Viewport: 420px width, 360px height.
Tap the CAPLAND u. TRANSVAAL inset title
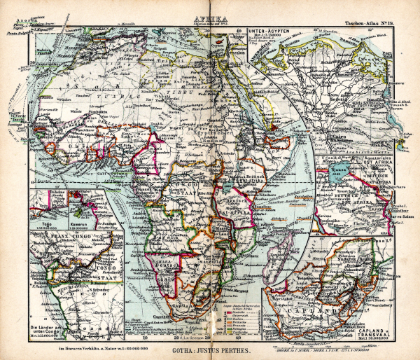coord(393,316)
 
